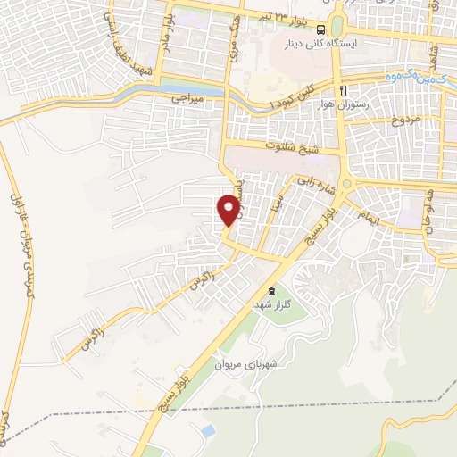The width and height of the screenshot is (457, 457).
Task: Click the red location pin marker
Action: (228, 210)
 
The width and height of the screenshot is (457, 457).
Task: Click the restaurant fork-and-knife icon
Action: (342, 90)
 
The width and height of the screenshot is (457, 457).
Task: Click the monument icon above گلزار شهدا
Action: (272, 292)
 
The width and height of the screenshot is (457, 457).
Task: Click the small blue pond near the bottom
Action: (207, 430)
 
